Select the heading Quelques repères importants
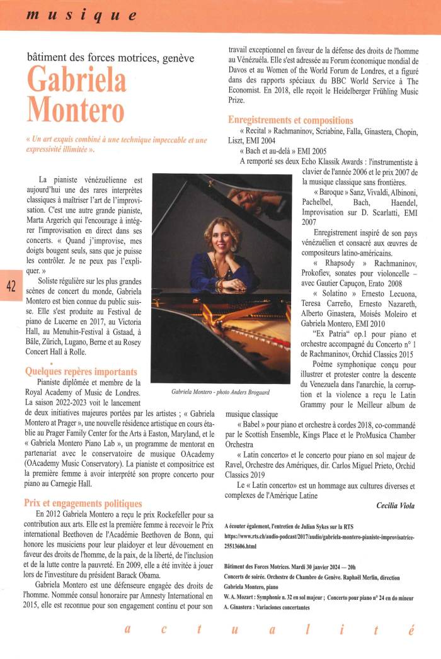pyautogui.click(x=81, y=371)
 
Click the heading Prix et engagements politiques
pyautogui.click(x=83, y=503)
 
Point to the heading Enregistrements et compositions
pyautogui.click(x=290, y=120)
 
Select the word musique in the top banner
pyautogui.click(x=81, y=14)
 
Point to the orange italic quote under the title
pyautogui.click(x=117, y=144)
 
